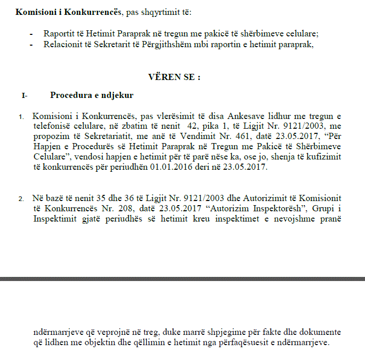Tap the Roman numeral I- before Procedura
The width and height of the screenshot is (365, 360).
point(25,95)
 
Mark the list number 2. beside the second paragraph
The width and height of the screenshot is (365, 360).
point(21,198)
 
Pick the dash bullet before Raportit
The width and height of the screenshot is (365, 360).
point(31,33)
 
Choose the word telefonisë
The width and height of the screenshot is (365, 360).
point(55,127)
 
